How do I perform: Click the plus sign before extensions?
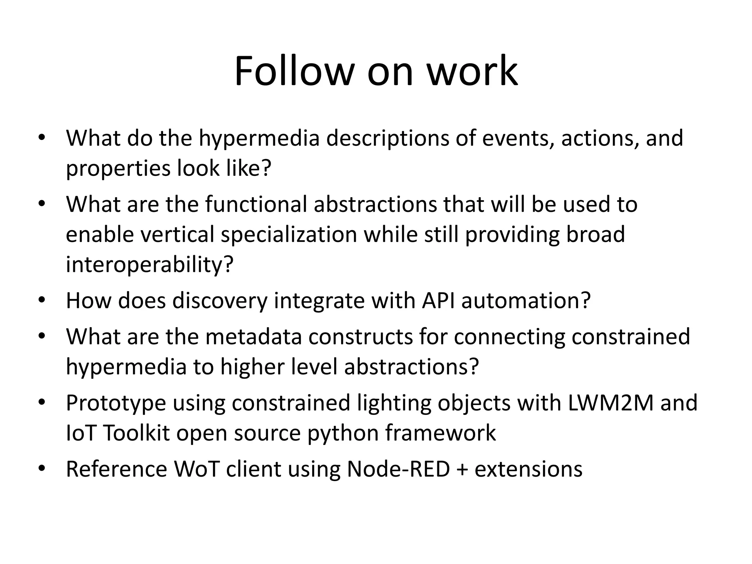(462, 470)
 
